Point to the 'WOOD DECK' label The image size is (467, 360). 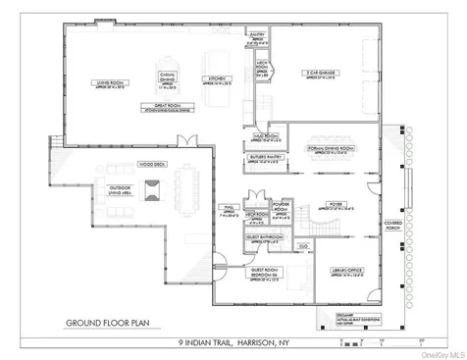tap(152, 163)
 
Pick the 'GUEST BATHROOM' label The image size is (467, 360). tap(262, 236)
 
